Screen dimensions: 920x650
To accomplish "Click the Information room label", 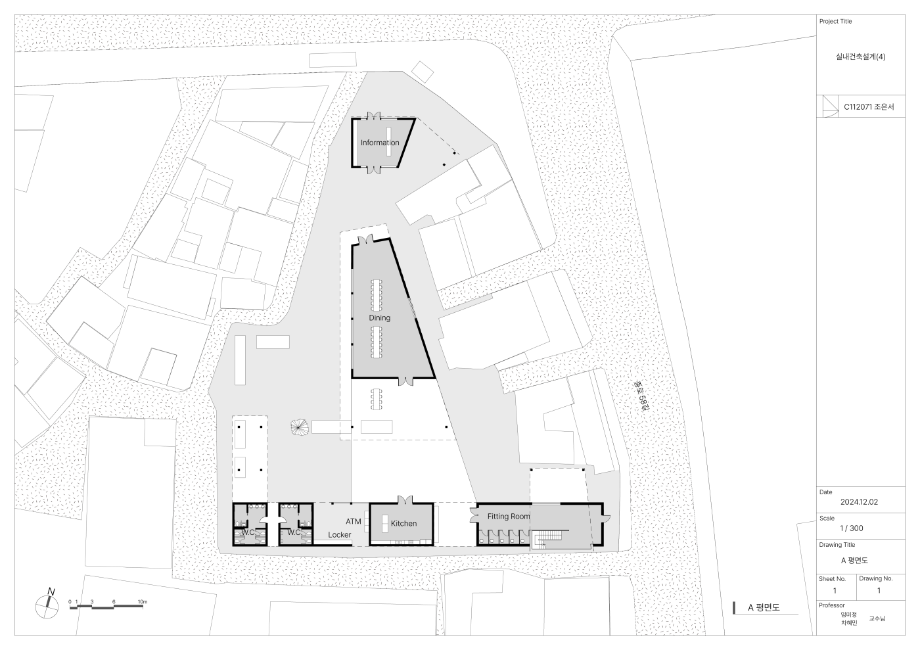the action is (380, 143).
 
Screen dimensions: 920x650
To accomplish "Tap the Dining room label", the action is (380, 317).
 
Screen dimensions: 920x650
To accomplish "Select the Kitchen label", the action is (403, 523).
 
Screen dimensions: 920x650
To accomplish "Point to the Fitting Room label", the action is (509, 517).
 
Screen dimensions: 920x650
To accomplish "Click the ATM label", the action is (354, 521).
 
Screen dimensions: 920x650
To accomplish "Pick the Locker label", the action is (340, 534).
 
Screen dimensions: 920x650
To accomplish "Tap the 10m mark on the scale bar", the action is (143, 602).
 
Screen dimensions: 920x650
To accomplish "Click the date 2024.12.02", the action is (860, 502).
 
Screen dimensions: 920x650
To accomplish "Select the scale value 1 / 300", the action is (852, 528).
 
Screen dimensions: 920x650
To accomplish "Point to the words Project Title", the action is (835, 22).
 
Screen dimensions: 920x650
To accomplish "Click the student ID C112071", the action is (858, 107).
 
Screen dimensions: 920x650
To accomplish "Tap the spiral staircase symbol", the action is (299, 427).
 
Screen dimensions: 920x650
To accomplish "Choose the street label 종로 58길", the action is (641, 396).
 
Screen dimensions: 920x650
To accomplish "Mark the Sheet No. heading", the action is (832, 579).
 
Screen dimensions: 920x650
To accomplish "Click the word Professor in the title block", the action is (832, 605).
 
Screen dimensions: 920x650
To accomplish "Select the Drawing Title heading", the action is (837, 545).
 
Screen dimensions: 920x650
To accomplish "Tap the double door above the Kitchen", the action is (405, 499).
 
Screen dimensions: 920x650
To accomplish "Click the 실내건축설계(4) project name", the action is (860, 57).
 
